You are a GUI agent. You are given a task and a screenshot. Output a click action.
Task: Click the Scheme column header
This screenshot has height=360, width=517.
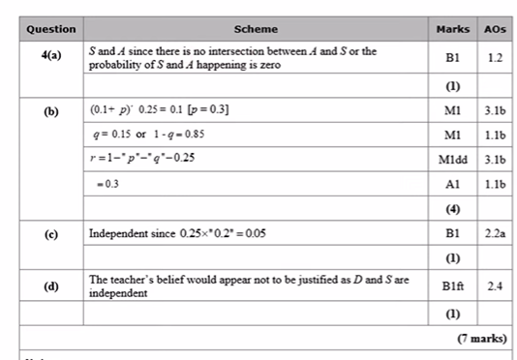(254, 29)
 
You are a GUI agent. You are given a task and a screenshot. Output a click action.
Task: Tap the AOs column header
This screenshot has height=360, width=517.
(494, 29)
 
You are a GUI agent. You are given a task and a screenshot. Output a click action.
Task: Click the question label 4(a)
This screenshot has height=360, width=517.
(51, 56)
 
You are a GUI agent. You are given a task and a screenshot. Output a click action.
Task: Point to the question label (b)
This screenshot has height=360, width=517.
(51, 111)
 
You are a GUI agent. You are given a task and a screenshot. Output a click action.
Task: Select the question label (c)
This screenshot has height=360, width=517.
(51, 233)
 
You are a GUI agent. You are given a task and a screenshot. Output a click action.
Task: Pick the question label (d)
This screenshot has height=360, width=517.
(51, 285)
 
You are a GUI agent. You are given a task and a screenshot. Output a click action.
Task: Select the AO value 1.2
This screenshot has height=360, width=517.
(494, 57)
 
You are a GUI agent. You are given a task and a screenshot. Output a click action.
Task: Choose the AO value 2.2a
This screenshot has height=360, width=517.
(494, 233)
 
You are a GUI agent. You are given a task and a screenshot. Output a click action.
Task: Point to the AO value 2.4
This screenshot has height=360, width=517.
(494, 285)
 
